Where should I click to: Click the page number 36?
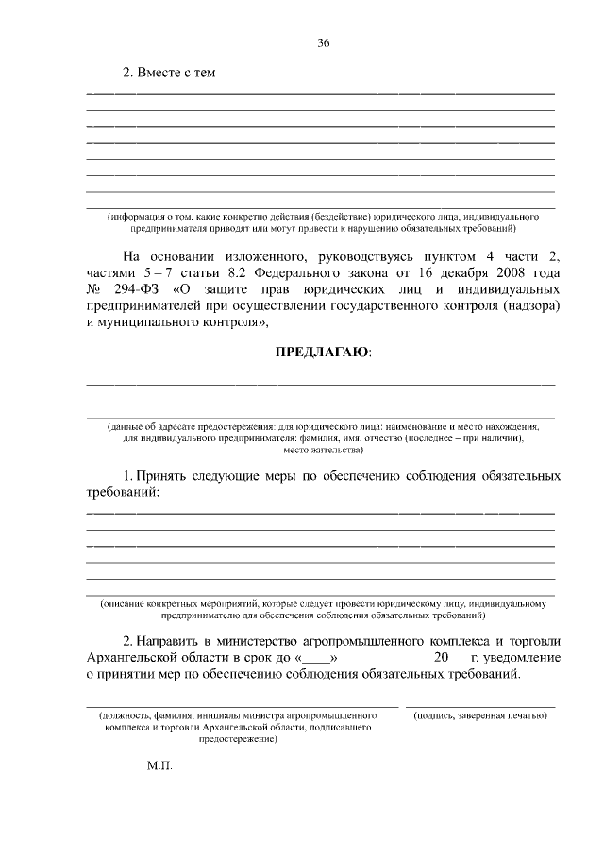pyautogui.click(x=323, y=42)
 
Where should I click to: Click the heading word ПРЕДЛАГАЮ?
pyautogui.click(x=322, y=353)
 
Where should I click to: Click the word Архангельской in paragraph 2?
pyautogui.click(x=134, y=657)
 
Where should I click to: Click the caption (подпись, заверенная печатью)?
pyautogui.click(x=481, y=715)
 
